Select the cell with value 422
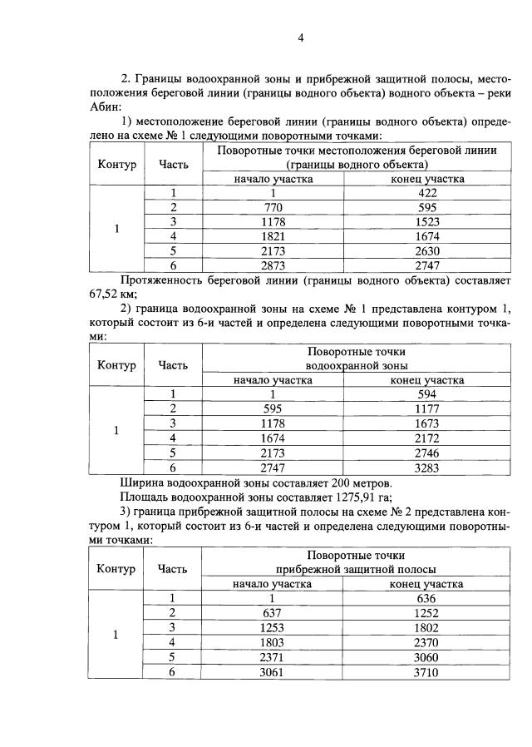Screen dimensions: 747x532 point(427,192)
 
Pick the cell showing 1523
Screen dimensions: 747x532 point(427,221)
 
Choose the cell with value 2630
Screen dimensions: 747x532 point(427,250)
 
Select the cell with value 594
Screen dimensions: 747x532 point(427,393)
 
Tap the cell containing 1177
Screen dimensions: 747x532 point(427,408)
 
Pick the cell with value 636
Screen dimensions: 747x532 point(427,597)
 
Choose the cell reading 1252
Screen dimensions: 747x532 point(427,612)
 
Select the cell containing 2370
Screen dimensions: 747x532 point(427,641)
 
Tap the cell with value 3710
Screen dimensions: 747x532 point(427,670)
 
